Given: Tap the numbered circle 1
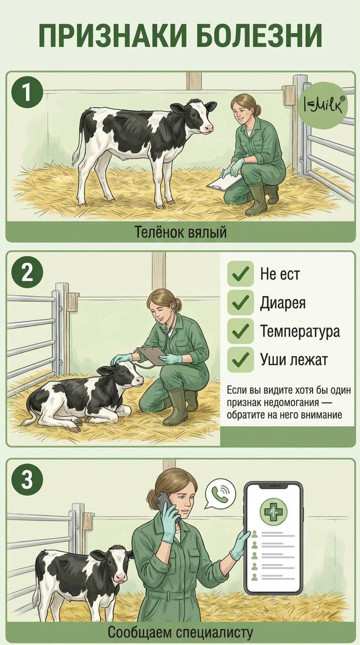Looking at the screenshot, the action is pos(27,93).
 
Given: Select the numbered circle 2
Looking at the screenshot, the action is pos(27,273).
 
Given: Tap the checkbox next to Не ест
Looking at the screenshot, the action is pos(241,274).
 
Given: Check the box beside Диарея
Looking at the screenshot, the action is pos(241,302).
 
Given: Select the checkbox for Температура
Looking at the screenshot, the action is pos(241,331).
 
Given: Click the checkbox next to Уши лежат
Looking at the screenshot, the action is pos(241,359).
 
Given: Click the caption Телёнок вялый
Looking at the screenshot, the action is pos(181,232).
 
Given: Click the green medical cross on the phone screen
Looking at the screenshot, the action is pos(273,511).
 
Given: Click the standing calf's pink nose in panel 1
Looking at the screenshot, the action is pos(209,127).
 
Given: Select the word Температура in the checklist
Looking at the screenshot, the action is pos(300,331).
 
